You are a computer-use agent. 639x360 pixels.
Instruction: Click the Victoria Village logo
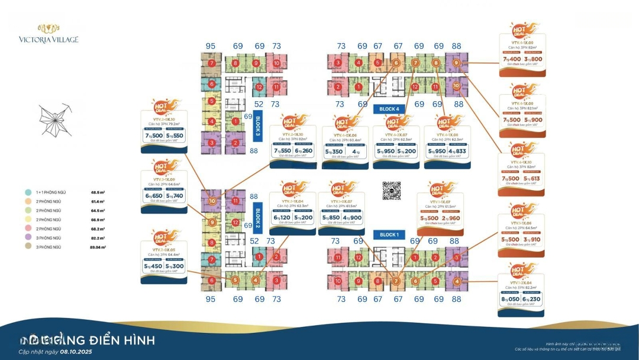tap(57, 34)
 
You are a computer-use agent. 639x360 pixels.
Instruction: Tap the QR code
tap(392, 191)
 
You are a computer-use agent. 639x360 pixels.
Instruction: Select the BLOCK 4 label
tap(389, 109)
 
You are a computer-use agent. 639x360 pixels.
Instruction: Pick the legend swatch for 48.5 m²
tap(28, 192)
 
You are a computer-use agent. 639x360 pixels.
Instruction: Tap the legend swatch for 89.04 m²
tap(28, 245)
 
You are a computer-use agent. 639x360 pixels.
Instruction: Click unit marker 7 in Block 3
tap(211, 63)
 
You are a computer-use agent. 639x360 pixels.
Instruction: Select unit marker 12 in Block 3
tap(259, 87)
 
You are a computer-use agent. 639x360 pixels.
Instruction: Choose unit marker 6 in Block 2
tap(211, 281)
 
